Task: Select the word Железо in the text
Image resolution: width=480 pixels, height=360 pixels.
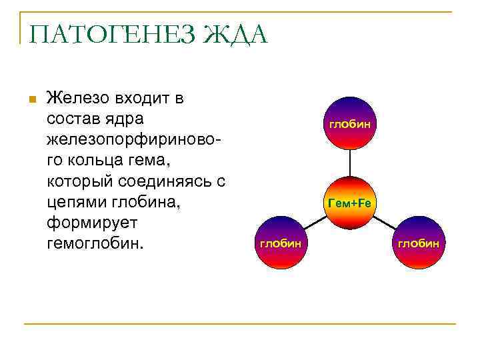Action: click(x=77, y=99)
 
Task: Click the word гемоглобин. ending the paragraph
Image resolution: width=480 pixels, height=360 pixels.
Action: click(x=95, y=243)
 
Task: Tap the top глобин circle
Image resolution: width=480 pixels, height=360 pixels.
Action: click(x=350, y=123)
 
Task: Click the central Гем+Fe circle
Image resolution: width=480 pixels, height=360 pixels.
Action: click(x=350, y=203)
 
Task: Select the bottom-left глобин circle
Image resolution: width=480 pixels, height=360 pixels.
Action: click(x=280, y=243)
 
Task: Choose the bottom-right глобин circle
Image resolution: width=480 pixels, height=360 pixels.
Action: click(x=419, y=243)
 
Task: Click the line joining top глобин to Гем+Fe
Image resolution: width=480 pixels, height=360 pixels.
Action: click(x=350, y=163)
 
